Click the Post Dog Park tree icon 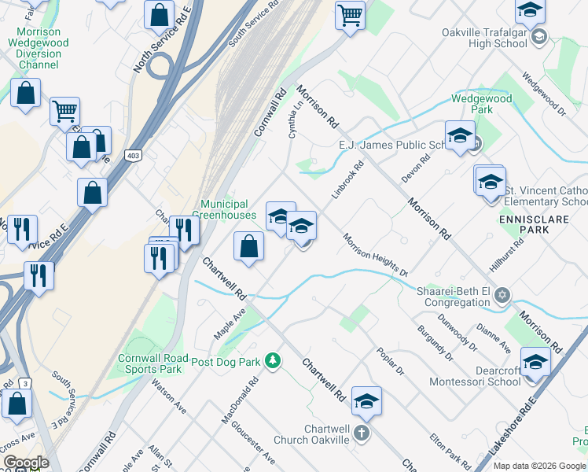(x=272, y=361)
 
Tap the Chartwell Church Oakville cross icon (x=360, y=432)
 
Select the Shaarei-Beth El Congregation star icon (x=504, y=296)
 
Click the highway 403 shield (x=132, y=155)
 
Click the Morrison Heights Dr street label (x=375, y=254)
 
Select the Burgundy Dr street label (x=435, y=344)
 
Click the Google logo (x=26, y=462)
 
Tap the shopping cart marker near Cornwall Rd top (x=350, y=14)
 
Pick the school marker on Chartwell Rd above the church (x=366, y=401)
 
